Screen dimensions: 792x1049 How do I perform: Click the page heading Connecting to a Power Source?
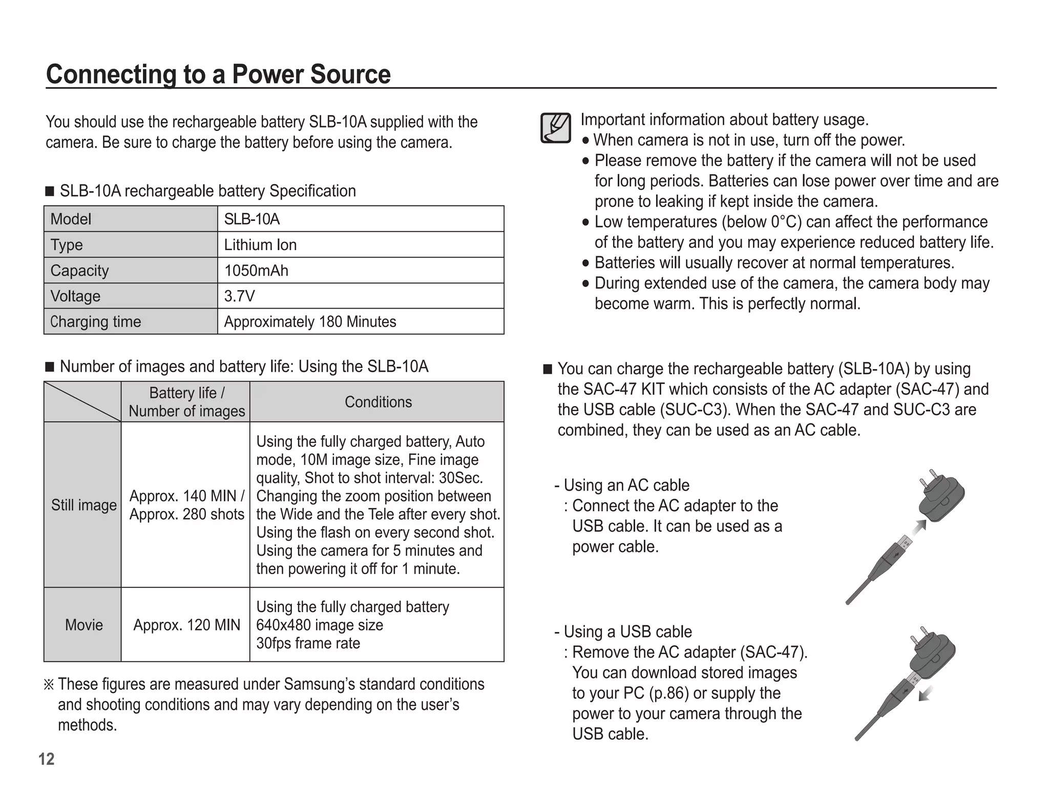pyautogui.click(x=218, y=74)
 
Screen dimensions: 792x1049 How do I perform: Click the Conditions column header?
pyautogui.click(x=378, y=402)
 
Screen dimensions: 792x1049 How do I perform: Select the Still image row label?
pyautogui.click(x=83, y=505)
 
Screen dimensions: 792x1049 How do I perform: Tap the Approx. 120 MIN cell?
pyautogui.click(x=186, y=625)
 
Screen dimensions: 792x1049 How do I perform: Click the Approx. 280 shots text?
pyautogui.click(x=186, y=514)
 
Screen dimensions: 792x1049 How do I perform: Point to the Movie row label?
pyautogui.click(x=83, y=625)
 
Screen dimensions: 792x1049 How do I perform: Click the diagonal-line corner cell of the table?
pyautogui.click(x=82, y=402)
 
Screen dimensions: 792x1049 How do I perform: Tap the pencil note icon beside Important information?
pyautogui.click(x=556, y=128)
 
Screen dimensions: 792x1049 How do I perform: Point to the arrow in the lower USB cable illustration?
pyautogui.click(x=925, y=694)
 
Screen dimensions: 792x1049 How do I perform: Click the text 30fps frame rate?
pyautogui.click(x=308, y=643)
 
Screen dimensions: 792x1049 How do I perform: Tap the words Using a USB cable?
pyautogui.click(x=627, y=632)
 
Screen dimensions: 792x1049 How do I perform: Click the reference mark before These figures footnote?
pyautogui.click(x=49, y=684)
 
